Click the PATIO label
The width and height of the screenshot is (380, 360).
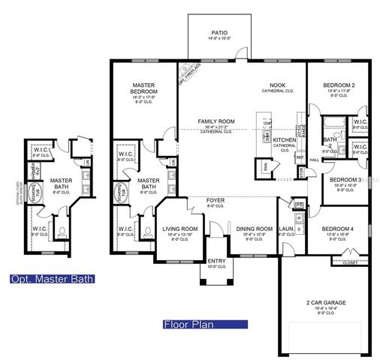(219, 34)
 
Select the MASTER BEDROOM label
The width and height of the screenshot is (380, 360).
(143, 89)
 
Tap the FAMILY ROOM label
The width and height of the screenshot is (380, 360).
(216, 121)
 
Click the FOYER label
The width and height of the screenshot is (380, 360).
(215, 200)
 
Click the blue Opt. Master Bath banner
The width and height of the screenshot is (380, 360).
(53, 279)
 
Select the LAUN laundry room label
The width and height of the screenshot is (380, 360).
(285, 229)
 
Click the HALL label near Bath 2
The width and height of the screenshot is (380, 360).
(315, 159)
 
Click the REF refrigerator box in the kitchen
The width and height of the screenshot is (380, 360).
(299, 157)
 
